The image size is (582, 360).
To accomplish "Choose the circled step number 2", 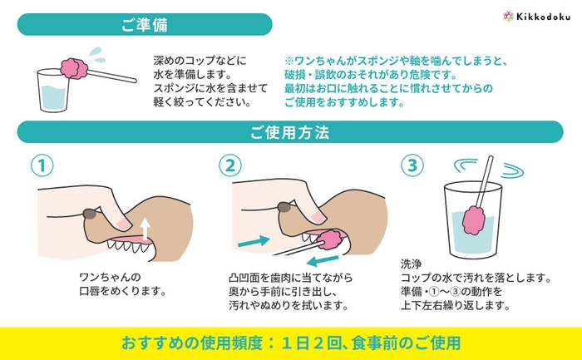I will tap(229, 165).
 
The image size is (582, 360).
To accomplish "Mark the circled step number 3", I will tap(410, 165).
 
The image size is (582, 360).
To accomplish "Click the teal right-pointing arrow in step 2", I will tap(254, 241).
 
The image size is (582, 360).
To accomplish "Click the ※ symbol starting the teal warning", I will tap(289, 62).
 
